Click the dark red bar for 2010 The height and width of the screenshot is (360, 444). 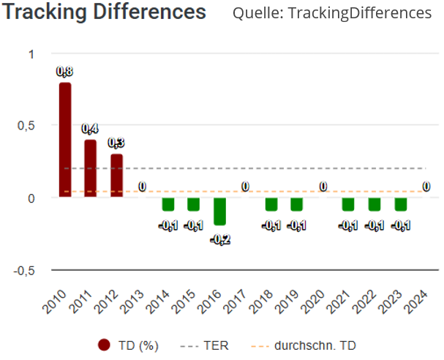tap(65, 139)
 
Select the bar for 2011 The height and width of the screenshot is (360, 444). tap(91, 168)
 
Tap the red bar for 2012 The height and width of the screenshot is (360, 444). tap(117, 176)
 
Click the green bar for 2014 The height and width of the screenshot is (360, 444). tap(168, 204)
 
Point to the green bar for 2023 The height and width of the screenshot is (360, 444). tap(401, 204)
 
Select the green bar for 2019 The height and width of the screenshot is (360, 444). tap(297, 204)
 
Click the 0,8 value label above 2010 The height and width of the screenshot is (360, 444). tap(65, 72)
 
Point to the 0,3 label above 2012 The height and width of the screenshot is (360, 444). tap(117, 143)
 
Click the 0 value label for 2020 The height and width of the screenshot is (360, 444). tap(323, 187)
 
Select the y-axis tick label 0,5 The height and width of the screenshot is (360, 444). tap(26, 126)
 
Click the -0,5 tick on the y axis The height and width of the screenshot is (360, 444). tap(23, 270)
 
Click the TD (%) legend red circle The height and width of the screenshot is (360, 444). tap(105, 345)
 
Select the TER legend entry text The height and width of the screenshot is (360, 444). tap(215, 345)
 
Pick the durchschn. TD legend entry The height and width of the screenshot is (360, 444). tap(315, 345)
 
